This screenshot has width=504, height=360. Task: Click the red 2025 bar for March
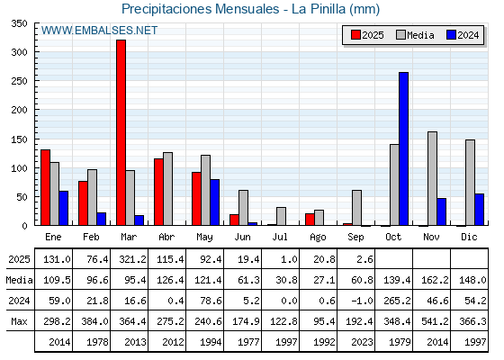(x=121, y=132)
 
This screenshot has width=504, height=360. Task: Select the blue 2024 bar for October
(x=404, y=148)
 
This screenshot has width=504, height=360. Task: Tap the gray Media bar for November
(x=432, y=178)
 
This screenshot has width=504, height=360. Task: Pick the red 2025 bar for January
(x=45, y=187)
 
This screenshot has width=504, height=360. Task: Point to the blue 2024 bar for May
(x=215, y=202)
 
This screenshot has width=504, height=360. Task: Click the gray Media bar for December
(x=470, y=183)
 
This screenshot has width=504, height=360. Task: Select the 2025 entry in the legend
(x=367, y=35)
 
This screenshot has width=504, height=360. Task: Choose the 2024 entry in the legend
(x=463, y=35)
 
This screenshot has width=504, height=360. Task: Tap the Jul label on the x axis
(x=280, y=237)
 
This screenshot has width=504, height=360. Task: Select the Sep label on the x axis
(x=355, y=238)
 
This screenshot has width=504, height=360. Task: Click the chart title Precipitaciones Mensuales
(x=200, y=9)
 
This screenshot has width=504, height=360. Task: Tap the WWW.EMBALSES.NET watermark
(x=99, y=31)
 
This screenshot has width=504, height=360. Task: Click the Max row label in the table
(x=19, y=321)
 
